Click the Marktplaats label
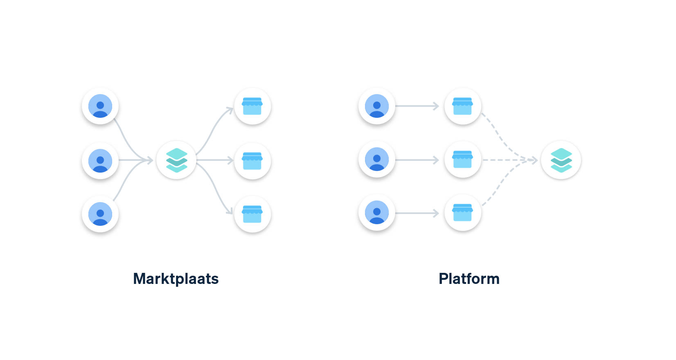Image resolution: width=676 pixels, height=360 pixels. pos(176,279)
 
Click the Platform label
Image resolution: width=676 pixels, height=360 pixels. pos(469,279)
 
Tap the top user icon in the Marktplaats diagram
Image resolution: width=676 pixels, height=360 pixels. pos(100,106)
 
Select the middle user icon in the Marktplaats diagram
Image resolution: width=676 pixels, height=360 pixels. pos(100,161)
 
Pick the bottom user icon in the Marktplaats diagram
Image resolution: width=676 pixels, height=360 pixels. pos(100,214)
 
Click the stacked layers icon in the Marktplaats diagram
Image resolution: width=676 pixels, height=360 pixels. pos(176,160)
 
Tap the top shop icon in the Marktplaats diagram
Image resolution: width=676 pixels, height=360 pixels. pos(252,106)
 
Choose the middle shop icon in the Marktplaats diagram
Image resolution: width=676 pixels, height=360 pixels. pos(252,161)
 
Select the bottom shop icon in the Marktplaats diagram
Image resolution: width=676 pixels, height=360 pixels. pos(252,214)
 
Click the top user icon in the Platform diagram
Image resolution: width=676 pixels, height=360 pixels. pos(377,106)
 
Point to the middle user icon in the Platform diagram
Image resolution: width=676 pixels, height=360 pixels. pos(377,159)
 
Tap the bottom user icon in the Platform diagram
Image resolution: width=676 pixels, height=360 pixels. pos(377,212)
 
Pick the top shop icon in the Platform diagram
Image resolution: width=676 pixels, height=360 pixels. pos(462,106)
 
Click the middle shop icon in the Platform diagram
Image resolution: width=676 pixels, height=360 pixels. pos(462,159)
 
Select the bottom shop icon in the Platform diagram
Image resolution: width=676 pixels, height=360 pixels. pos(462,212)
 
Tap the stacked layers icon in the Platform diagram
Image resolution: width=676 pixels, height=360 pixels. pos(561,160)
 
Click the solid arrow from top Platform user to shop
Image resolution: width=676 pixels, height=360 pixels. pos(417,106)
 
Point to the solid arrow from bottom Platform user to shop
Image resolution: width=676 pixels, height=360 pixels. pos(417,213)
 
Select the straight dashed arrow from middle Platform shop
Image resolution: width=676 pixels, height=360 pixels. pos(509,160)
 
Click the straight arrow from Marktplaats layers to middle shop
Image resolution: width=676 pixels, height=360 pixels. pos(215,160)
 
